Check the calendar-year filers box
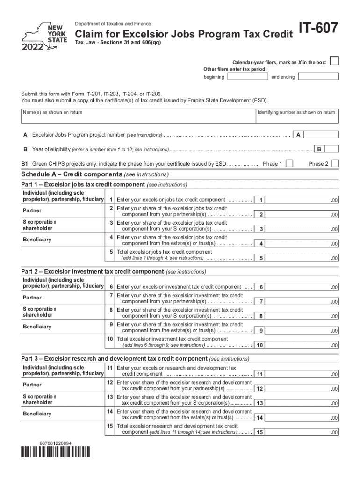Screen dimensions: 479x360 334,62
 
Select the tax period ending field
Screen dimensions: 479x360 318,77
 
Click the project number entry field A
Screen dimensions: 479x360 321,135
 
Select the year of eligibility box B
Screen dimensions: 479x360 331,149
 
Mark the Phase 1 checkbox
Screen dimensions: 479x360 289,164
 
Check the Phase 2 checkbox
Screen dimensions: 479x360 335,164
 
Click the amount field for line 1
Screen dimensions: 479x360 303,200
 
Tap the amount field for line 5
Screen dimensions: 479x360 303,258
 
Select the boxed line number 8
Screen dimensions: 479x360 261,316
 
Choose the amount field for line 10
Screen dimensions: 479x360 303,345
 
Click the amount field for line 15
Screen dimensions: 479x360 303,432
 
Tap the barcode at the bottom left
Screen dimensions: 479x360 56,452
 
